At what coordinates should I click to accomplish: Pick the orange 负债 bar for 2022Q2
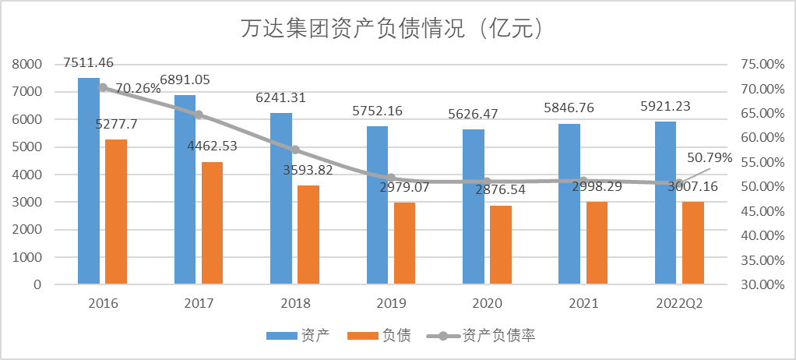pyautogui.click(x=693, y=243)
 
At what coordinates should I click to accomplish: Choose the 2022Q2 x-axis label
pyautogui.click(x=680, y=303)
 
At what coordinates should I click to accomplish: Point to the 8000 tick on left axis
pyautogui.click(x=27, y=64)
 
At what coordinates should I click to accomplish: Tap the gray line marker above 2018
pyautogui.click(x=295, y=150)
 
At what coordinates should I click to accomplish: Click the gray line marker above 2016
pyautogui.click(x=103, y=87)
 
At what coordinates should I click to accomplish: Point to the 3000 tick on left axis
pyautogui.click(x=27, y=202)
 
